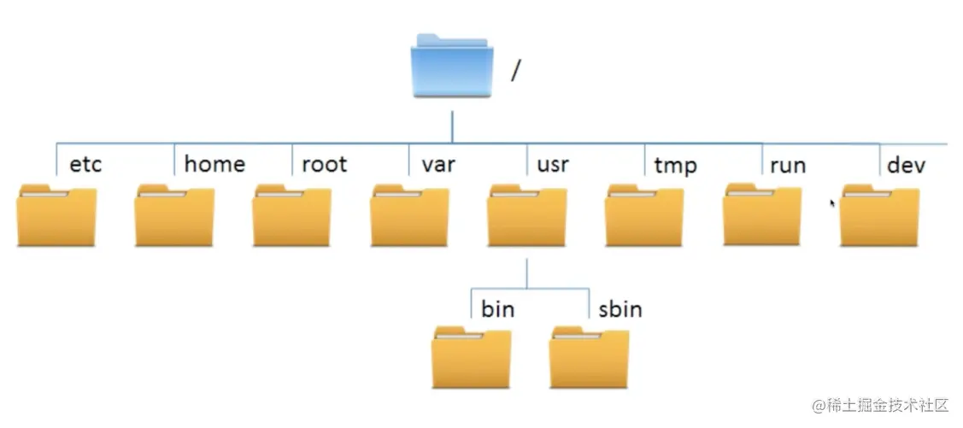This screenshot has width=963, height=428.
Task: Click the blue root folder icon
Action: [452, 67]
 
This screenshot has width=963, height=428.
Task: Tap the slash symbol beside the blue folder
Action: [515, 70]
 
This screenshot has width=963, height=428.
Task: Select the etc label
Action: [85, 164]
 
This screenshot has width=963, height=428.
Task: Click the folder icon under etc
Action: [56, 216]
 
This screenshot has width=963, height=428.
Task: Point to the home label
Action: [214, 164]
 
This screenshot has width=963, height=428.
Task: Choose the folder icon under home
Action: [174, 216]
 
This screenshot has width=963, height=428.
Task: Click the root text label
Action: [325, 164]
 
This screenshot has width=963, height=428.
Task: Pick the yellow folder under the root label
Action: [292, 216]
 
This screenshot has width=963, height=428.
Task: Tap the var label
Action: [437, 164]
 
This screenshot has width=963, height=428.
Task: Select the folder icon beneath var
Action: [410, 216]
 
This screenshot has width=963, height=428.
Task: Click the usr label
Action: [553, 164]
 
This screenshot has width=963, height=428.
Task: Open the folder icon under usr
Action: [527, 216]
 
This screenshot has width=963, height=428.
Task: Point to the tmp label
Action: [675, 165]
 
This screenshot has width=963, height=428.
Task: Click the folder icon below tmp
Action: [644, 216]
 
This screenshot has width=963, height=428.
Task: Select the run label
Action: [787, 164]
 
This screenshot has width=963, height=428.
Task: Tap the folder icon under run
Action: [762, 215]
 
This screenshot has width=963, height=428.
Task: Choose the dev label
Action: [906, 164]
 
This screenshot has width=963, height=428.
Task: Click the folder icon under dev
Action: [880, 216]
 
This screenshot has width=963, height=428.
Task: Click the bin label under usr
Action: [497, 308]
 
